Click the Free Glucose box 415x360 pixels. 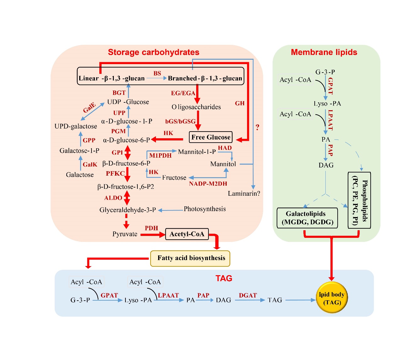tap(211, 137)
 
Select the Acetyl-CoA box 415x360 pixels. tap(187, 234)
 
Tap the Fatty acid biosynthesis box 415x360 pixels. tap(190, 258)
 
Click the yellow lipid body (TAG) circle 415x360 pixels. tap(331, 298)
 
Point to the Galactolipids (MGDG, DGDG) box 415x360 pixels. tap(307, 218)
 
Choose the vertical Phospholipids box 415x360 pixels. tap(359, 200)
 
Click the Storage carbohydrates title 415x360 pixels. tap(153, 52)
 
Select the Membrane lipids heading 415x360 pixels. tap(324, 52)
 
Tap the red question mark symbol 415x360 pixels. tap(257, 127)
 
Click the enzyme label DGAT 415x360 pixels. tap(248, 295)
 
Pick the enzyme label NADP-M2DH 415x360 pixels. tap(208, 184)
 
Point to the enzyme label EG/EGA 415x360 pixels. tap(183, 93)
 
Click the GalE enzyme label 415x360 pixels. tap(89, 107)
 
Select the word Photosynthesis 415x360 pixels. tap(205, 209)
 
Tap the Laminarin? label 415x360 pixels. tap(244, 194)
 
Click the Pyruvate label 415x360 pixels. tap(125, 234)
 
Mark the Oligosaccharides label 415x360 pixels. tap(196, 107)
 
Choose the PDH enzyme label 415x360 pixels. tap(151, 228)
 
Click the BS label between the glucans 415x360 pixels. tap(157, 73)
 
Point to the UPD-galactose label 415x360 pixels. tap(76, 126)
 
